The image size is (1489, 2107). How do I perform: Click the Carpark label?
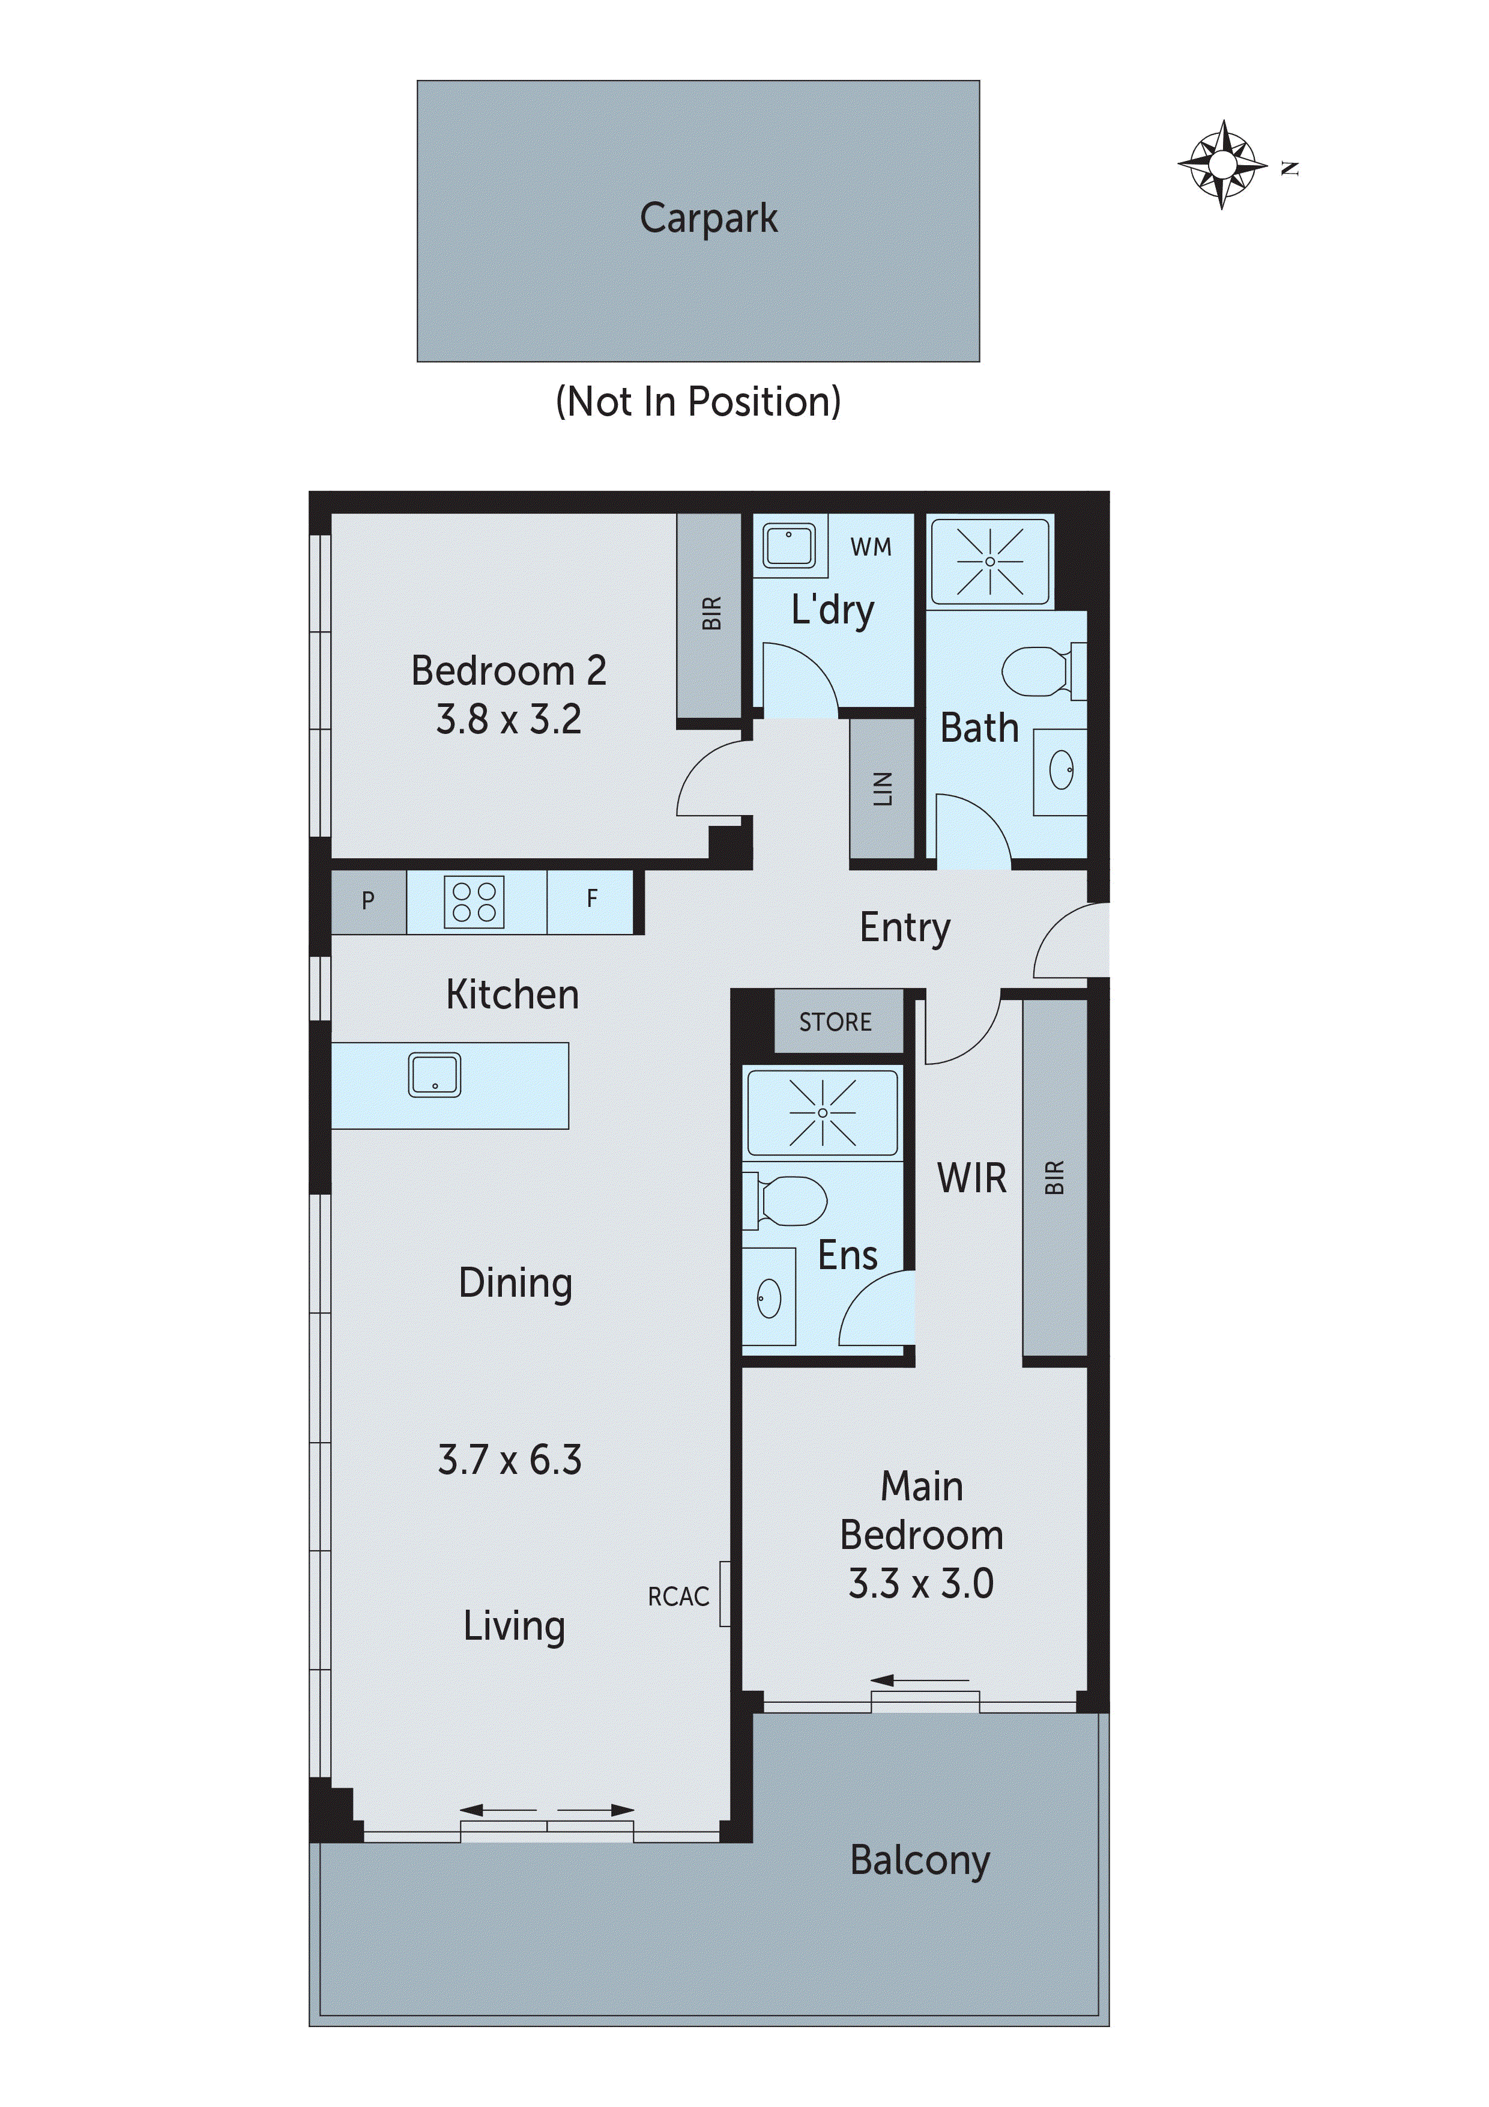point(708,219)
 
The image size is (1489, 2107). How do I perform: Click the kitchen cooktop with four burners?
point(474,902)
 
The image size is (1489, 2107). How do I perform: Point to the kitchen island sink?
point(434,1075)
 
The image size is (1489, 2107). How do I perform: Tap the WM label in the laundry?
point(871,548)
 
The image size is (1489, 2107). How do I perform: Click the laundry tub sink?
point(789,546)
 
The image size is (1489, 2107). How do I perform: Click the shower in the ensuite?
point(823,1112)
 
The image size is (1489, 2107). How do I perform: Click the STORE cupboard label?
point(835,1022)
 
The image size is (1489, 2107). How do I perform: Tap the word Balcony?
point(920,1860)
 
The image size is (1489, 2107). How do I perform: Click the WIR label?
point(971,1178)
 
